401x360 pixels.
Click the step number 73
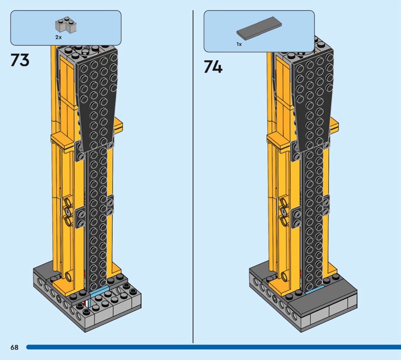click(20, 60)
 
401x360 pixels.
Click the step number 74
click(213, 67)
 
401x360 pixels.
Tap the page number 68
click(15, 347)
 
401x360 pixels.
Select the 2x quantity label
click(59, 37)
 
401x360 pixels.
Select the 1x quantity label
click(239, 44)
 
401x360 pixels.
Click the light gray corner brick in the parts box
click(66, 25)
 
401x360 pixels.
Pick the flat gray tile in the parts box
click(259, 29)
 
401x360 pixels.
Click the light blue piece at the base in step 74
click(315, 290)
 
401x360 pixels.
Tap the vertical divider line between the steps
click(193, 176)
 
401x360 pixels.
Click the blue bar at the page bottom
click(214, 347)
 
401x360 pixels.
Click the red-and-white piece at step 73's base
click(87, 303)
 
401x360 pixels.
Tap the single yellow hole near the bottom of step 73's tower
click(69, 276)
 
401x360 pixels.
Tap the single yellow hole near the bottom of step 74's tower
click(284, 276)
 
